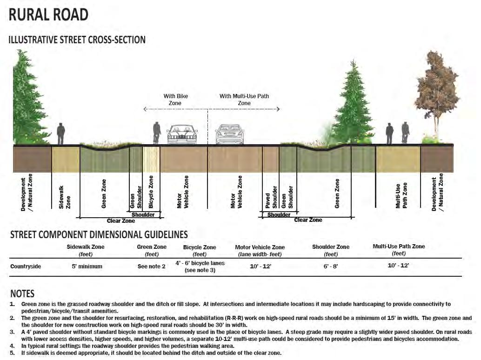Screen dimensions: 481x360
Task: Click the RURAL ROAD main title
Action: tap(48, 14)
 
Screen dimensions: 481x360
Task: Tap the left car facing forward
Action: tap(182, 134)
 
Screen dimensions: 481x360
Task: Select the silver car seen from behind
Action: tap(229, 134)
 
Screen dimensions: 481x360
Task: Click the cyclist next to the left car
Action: tap(157, 133)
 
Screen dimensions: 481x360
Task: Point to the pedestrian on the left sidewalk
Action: tap(60, 134)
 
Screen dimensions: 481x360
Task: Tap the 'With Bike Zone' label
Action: tap(175, 100)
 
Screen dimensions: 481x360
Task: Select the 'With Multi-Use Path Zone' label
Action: tap(244, 100)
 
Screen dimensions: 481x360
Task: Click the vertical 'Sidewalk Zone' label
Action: tap(65, 197)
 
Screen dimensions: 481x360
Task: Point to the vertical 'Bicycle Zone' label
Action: tap(151, 192)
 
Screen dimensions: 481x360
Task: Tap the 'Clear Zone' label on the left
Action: tap(120, 221)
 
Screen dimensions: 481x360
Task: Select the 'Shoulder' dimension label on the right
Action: tap(279, 215)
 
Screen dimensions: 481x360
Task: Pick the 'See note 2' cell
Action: tap(152, 267)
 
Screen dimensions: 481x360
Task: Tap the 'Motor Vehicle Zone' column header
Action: tap(260, 247)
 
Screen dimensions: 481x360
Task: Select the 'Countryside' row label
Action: tap(26, 267)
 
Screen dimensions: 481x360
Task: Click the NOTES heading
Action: tap(22, 294)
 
